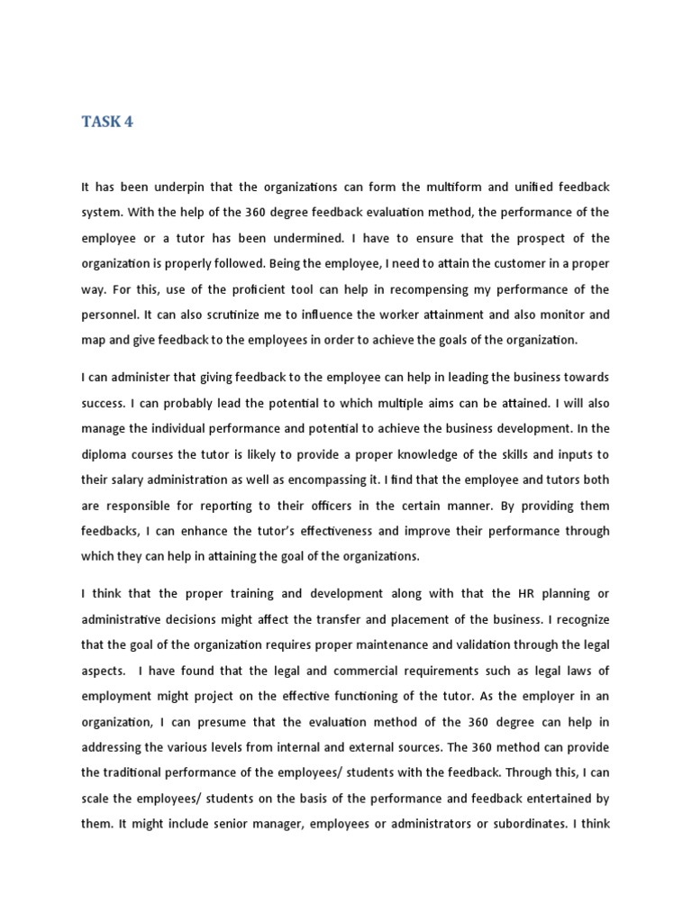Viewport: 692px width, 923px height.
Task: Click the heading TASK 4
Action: click(107, 122)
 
